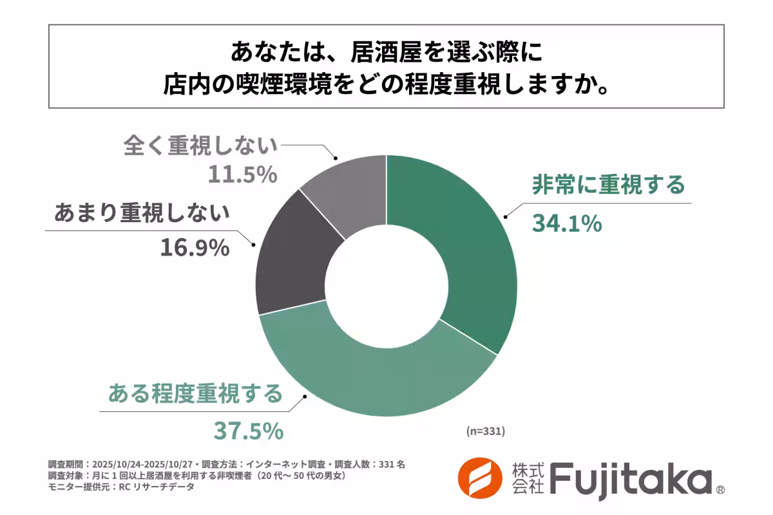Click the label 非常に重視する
(607, 185)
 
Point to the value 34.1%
(567, 223)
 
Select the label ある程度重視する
(195, 393)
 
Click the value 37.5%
(248, 431)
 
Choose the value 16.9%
(195, 248)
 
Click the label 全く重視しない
(200, 145)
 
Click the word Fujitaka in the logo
(630, 480)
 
